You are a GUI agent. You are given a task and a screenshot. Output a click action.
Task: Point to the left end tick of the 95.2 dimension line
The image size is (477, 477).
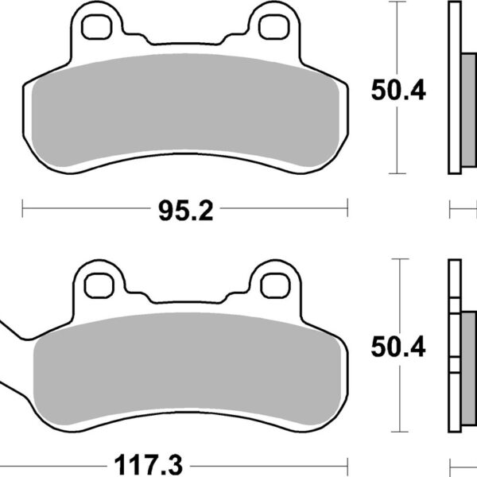(x=23, y=211)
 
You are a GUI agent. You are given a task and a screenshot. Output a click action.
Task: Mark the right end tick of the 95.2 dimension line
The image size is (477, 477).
(x=348, y=211)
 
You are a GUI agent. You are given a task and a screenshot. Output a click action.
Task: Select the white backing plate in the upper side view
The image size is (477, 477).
(x=455, y=87)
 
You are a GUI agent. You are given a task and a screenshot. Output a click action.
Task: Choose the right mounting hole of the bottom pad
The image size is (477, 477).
(x=275, y=282)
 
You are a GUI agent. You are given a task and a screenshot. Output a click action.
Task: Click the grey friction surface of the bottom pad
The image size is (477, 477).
(x=187, y=362)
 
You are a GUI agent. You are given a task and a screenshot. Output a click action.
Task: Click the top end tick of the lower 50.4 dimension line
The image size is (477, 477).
(x=396, y=258)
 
